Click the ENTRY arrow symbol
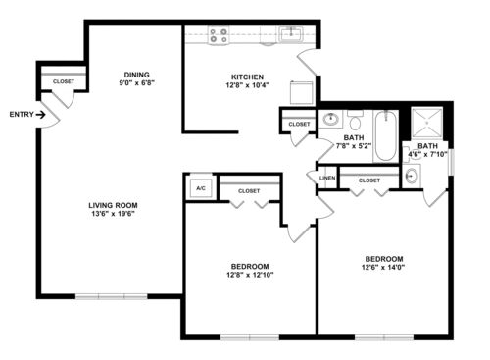[x=40, y=115]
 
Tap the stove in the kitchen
[x=219, y=35]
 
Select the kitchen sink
[x=291, y=34]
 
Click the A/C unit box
[x=201, y=188]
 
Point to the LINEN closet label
[x=327, y=178]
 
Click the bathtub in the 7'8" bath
[x=385, y=135]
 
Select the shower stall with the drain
[x=426, y=123]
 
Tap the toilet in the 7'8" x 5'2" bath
[x=355, y=120]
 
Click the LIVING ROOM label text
[x=113, y=205]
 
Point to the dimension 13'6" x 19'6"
[x=113, y=214]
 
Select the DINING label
[x=136, y=75]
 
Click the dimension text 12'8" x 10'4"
[x=247, y=85]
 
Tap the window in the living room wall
[x=112, y=296]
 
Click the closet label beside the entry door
[x=64, y=81]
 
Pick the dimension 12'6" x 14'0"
[x=383, y=267]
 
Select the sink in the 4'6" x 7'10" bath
[x=412, y=176]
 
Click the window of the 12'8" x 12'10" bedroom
[x=250, y=337]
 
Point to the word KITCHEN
[x=247, y=77]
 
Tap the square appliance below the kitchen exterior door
[x=302, y=92]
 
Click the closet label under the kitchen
[x=299, y=125]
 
